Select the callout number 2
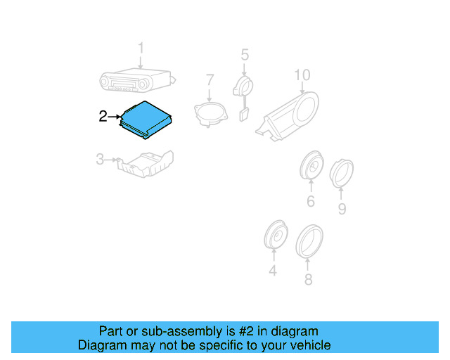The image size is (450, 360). tap(103, 116)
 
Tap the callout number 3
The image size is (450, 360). tap(100, 160)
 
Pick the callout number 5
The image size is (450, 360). tap(245, 55)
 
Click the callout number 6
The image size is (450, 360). tap(310, 202)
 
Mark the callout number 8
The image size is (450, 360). tap(307, 280)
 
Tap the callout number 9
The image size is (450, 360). tap(342, 209)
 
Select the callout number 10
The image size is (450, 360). tap(302, 75)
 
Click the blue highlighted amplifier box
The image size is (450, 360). tap(146, 117)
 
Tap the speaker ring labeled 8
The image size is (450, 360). tap(309, 240)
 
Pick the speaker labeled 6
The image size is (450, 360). tap(311, 167)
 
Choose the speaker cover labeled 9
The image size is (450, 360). tap(342, 172)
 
